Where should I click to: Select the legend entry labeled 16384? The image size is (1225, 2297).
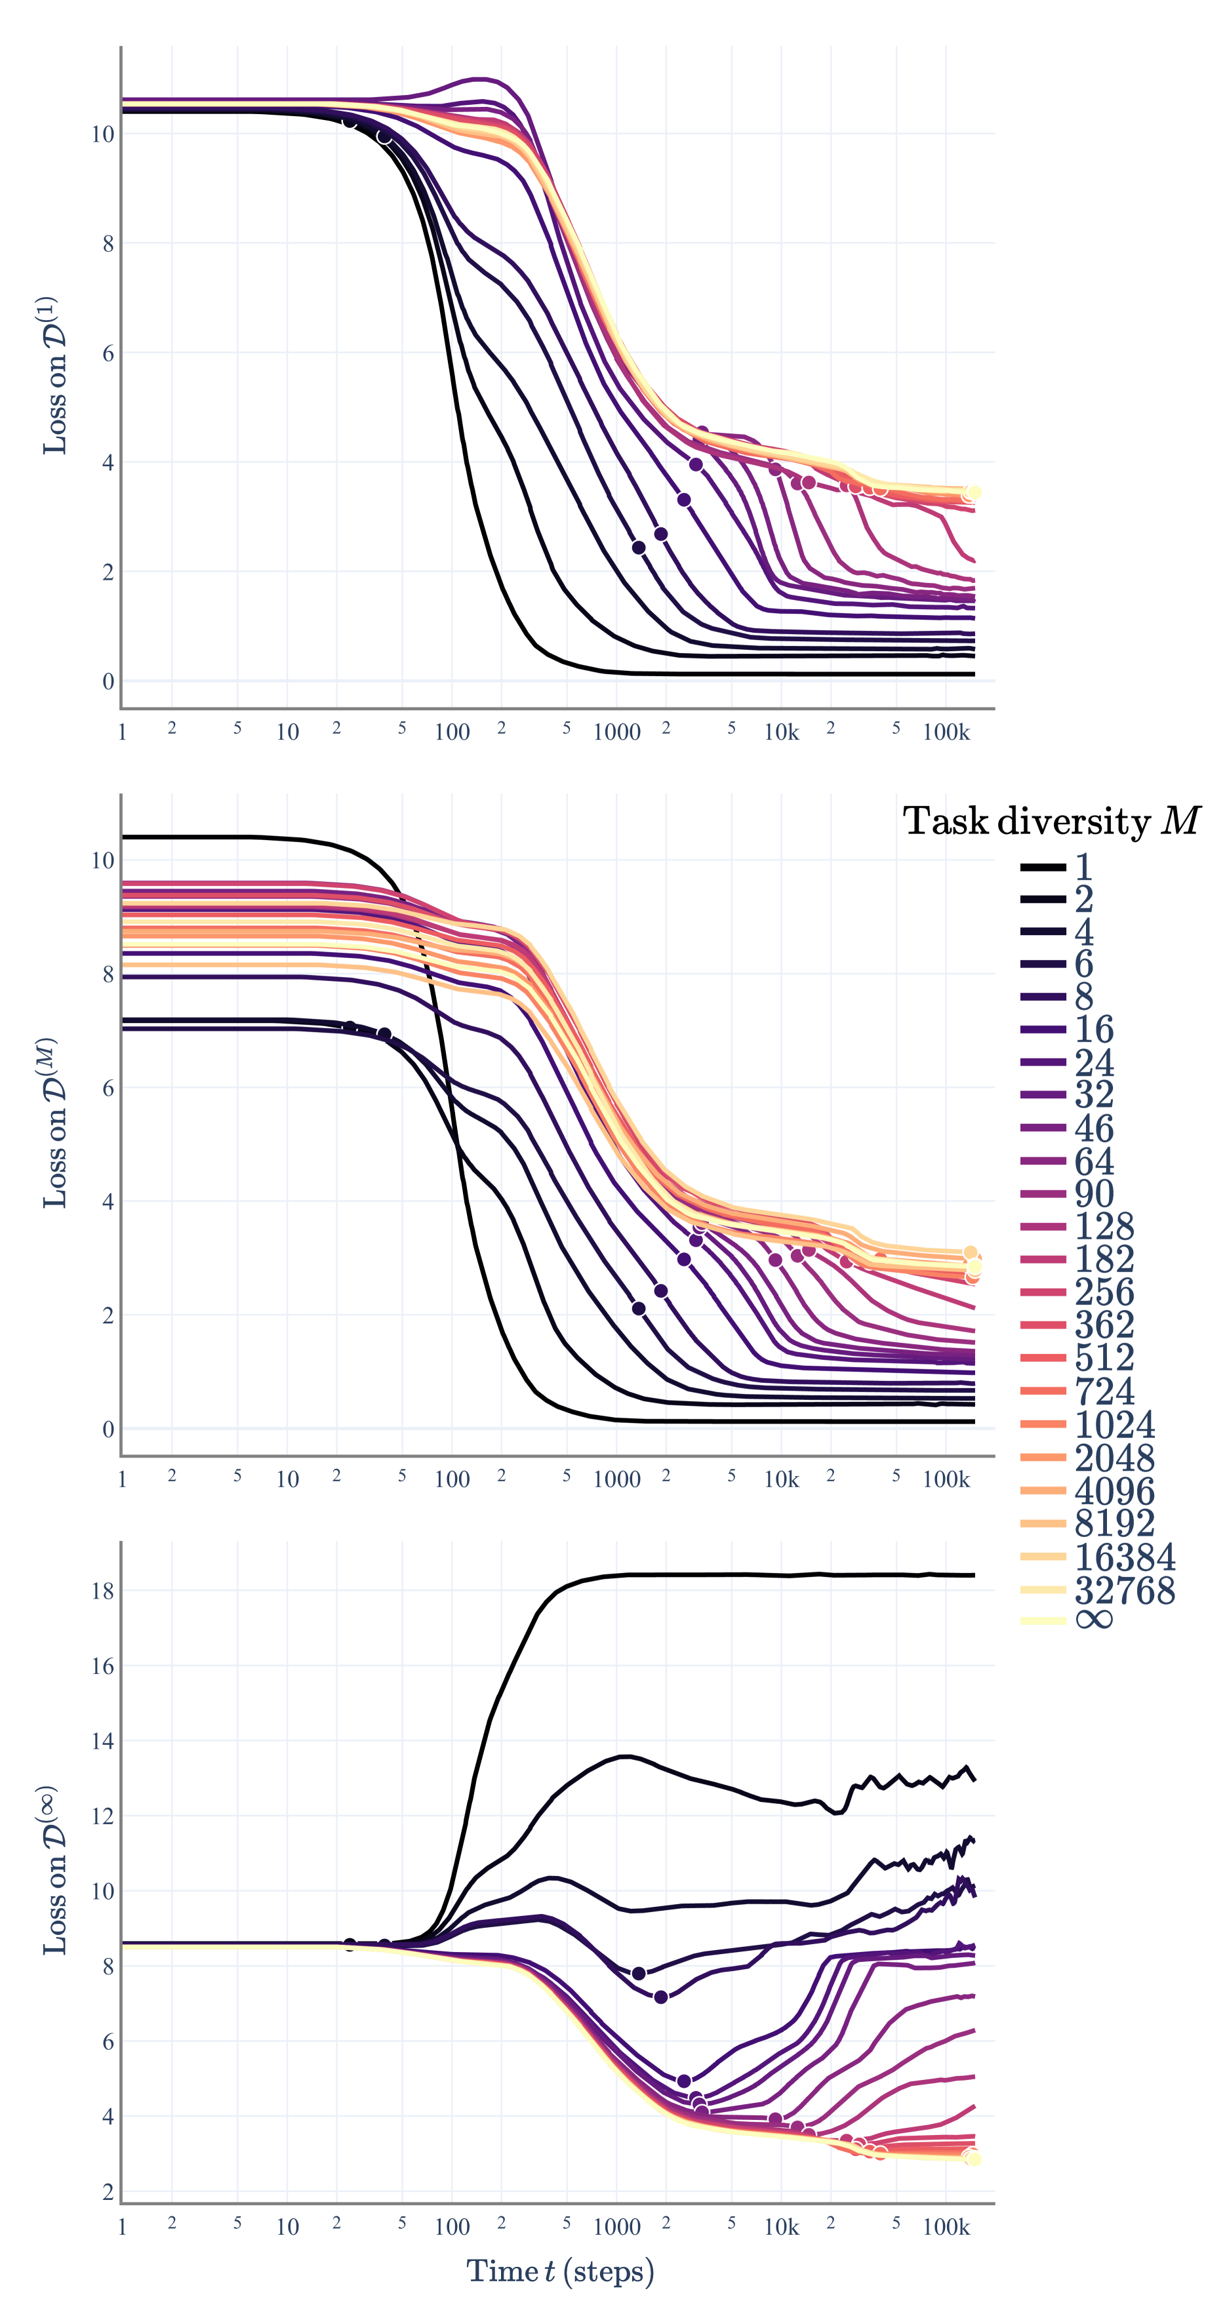(x=1124, y=1557)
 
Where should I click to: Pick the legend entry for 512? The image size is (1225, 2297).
(x=1104, y=1357)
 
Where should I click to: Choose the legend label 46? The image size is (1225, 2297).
(x=1094, y=1128)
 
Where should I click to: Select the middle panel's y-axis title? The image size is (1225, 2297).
(x=55, y=1123)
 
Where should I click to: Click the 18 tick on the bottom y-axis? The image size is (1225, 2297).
(x=102, y=1591)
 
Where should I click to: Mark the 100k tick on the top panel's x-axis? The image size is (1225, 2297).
(x=946, y=732)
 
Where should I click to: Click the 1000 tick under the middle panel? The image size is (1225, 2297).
(x=617, y=1479)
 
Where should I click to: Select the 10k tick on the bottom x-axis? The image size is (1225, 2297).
(x=781, y=2227)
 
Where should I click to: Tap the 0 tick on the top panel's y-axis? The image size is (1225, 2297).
(x=108, y=681)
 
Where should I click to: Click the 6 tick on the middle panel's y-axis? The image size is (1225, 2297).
(x=108, y=1088)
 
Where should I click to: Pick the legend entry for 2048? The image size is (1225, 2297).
(x=1114, y=1457)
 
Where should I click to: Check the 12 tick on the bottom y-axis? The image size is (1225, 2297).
(x=102, y=1816)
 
